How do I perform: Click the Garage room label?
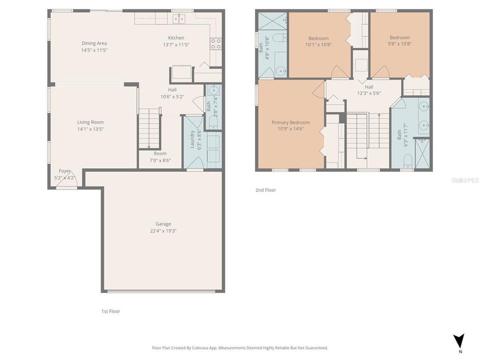[x=163, y=224]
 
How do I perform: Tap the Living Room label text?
[x=90, y=122]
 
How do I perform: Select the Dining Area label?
[x=94, y=43]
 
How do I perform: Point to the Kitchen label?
[x=176, y=38]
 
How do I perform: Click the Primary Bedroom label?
[x=290, y=122]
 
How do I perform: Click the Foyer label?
[x=64, y=171]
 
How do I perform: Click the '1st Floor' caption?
[x=110, y=311]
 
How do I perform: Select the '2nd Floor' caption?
[x=265, y=190]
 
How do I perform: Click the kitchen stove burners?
[x=215, y=43]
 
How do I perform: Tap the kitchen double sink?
[x=178, y=18]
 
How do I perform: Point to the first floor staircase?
[x=148, y=129]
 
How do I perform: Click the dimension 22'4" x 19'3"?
[x=163, y=231]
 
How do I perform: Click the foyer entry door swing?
[x=66, y=183]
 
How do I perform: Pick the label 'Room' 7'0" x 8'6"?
[x=160, y=153]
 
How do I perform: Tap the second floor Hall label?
[x=368, y=87]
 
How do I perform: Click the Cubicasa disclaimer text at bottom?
[x=239, y=347]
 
